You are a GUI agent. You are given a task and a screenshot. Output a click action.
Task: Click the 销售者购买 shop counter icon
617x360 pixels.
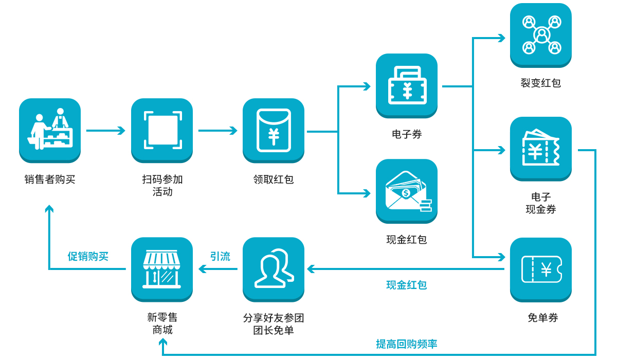[50, 130]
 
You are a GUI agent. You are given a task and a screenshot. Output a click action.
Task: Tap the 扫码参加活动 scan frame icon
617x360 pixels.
[162, 130]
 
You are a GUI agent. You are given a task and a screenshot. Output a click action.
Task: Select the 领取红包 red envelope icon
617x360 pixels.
[274, 130]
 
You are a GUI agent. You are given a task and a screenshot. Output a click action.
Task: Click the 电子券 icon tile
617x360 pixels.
[407, 85]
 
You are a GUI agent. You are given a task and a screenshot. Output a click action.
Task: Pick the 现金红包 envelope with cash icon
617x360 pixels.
[407, 190]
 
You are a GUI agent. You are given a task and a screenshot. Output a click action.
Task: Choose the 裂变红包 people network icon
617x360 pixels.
[541, 34]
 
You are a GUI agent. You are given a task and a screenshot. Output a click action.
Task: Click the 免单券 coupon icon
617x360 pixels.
[541, 269]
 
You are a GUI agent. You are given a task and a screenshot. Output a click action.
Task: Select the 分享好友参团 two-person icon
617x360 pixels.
[274, 268]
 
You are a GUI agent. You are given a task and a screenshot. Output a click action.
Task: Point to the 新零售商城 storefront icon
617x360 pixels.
[162, 268]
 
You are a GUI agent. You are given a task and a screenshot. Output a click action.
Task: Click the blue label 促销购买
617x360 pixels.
[88, 256]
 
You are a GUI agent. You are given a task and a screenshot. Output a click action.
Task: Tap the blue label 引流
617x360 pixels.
[220, 256]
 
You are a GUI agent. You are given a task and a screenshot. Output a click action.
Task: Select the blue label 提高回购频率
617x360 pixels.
[407, 344]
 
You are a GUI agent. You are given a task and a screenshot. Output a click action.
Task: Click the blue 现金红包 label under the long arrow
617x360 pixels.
[407, 285]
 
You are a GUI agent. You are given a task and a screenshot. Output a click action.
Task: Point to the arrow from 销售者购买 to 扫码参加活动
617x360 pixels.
[106, 131]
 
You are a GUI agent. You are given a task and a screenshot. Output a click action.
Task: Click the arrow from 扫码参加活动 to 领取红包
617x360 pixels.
[217, 131]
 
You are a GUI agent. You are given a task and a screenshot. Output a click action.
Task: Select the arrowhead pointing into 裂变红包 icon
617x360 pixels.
[501, 38]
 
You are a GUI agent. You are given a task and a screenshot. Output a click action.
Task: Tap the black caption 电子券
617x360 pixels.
[407, 135]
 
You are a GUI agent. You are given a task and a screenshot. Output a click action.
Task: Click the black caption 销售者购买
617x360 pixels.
[50, 180]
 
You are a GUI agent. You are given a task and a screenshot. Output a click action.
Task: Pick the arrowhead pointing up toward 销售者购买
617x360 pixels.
[49, 209]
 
